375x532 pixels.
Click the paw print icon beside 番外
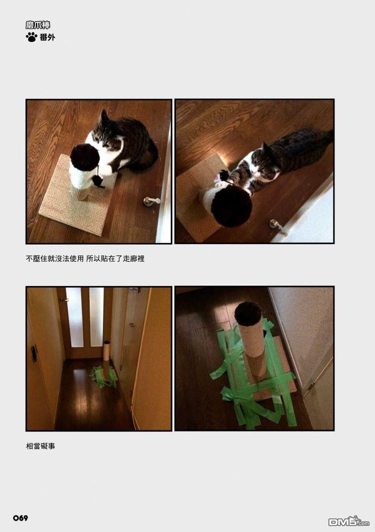click(32, 37)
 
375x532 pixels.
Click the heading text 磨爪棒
click(38, 25)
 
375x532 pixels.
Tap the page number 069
click(20, 518)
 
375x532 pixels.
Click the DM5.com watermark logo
click(348, 522)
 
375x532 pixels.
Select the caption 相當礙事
click(40, 446)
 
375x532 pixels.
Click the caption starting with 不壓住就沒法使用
click(85, 259)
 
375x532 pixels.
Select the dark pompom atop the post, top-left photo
click(85, 157)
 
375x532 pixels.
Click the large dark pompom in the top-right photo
click(231, 205)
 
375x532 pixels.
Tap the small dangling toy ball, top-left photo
click(98, 180)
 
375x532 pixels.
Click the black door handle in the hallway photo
click(34, 353)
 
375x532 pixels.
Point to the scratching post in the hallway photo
click(106, 357)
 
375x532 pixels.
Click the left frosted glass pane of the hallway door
click(75, 317)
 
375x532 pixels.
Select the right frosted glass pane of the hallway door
click(96, 317)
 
